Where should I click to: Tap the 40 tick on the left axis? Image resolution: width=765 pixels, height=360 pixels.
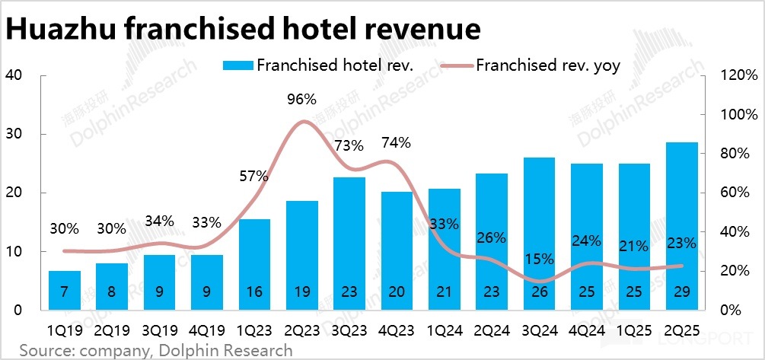[x=15, y=75]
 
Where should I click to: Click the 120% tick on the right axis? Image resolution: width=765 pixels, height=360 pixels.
[x=740, y=75]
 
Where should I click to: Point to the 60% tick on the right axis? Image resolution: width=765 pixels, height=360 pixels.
[x=740, y=193]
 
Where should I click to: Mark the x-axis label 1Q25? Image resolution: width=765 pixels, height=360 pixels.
[x=633, y=331]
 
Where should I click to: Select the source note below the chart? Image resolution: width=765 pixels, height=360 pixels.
[x=156, y=350]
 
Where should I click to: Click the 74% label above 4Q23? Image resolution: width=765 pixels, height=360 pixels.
[x=397, y=142]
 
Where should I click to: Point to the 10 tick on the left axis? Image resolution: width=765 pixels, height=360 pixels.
[x=15, y=252]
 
